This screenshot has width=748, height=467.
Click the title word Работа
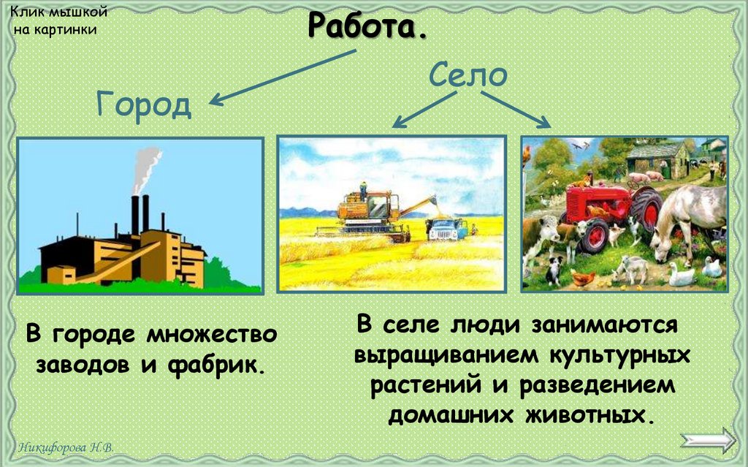pyautogui.click(x=367, y=27)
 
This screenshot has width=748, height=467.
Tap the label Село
pyautogui.click(x=467, y=75)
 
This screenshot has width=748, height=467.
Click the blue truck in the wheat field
pyautogui.click(x=446, y=228)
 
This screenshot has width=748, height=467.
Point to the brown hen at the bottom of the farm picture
pyautogui.click(x=582, y=278)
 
